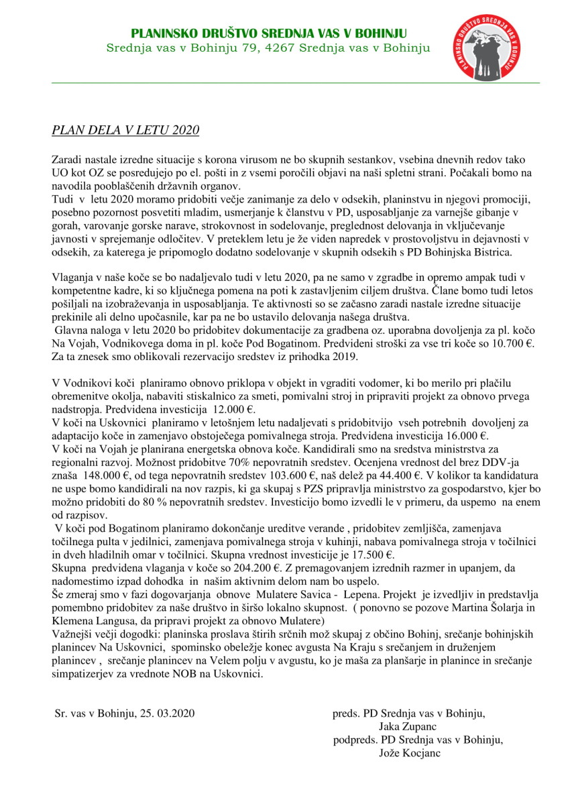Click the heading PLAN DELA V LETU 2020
[125, 129]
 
